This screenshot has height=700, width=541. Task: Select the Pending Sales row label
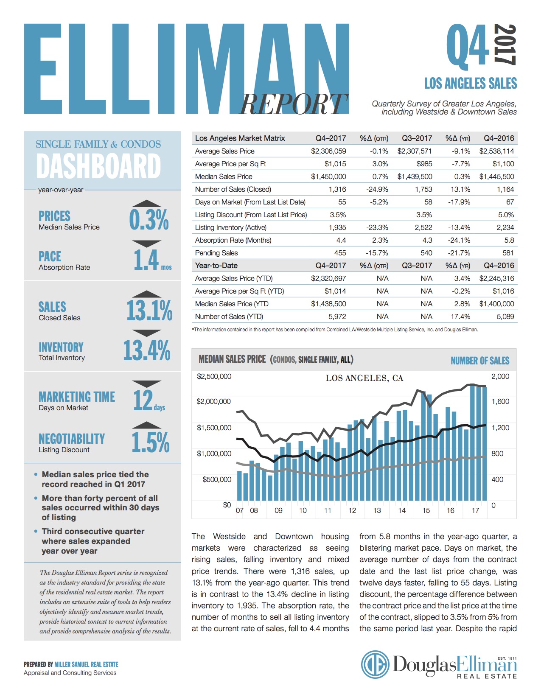tap(216, 253)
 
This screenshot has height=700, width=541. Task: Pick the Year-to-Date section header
tap(216, 266)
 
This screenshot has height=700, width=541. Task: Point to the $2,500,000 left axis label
tap(214, 376)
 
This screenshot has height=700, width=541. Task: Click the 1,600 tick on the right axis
tap(500, 401)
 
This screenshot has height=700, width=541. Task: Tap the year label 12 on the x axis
tap(352, 510)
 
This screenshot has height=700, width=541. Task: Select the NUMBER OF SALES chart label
tap(479, 361)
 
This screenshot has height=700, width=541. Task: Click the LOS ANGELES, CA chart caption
tap(364, 378)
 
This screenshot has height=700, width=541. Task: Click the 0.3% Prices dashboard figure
tap(149, 220)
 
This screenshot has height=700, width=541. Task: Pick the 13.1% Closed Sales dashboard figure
tap(149, 310)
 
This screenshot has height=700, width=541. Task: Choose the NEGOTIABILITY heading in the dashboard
tap(71, 439)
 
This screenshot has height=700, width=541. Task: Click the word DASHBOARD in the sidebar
tap(98, 166)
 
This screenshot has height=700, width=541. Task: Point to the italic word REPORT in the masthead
tap(293, 104)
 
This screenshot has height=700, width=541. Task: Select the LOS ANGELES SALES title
tap(471, 83)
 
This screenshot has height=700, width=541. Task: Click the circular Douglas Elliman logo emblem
tap(375, 664)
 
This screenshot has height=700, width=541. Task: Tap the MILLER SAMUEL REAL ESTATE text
tap(86, 664)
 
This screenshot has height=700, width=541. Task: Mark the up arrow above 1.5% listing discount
tap(146, 425)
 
